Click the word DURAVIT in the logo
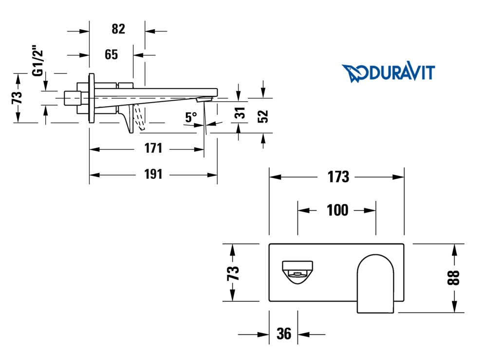click(402, 72)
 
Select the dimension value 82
click(118, 29)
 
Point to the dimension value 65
click(111, 54)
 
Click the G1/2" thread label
click(37, 61)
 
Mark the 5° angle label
click(191, 117)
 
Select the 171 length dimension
click(153, 148)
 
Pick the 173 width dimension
click(338, 177)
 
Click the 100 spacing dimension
click(337, 210)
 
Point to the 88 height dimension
click(454, 278)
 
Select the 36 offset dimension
click(283, 334)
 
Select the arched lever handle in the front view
click(375, 282)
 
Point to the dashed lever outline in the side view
click(140, 118)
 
